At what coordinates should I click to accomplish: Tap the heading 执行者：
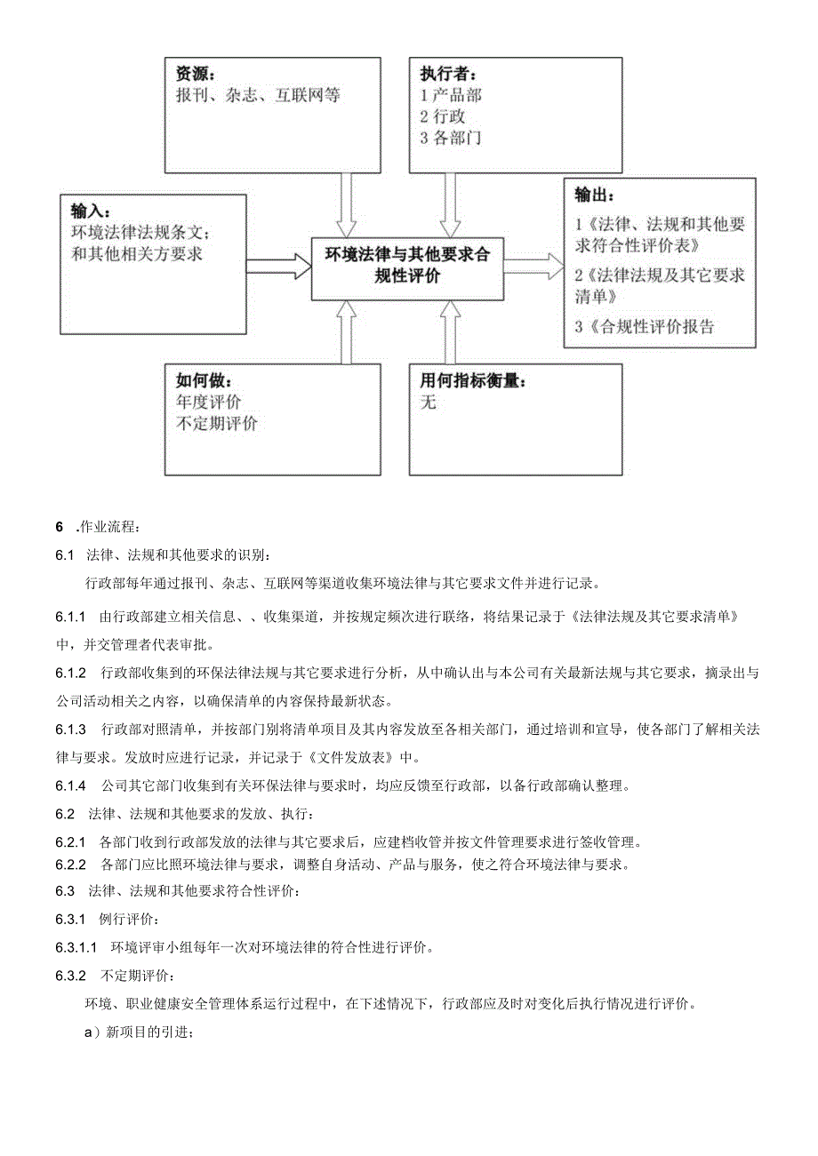[448, 74]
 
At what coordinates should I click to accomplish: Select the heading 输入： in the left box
[91, 211]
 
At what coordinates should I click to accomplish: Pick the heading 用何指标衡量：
[473, 380]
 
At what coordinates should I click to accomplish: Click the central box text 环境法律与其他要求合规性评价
[406, 266]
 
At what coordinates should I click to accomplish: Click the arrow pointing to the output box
[533, 265]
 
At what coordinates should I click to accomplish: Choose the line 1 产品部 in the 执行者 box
[451, 95]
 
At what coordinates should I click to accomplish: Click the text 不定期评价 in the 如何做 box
[217, 423]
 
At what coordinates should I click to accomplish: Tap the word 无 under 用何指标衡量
[429, 403]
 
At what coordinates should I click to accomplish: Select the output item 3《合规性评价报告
[645, 326]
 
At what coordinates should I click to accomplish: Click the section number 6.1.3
[70, 729]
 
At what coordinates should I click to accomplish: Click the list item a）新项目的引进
[138, 1032]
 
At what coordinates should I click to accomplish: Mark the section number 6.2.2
[70, 864]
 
